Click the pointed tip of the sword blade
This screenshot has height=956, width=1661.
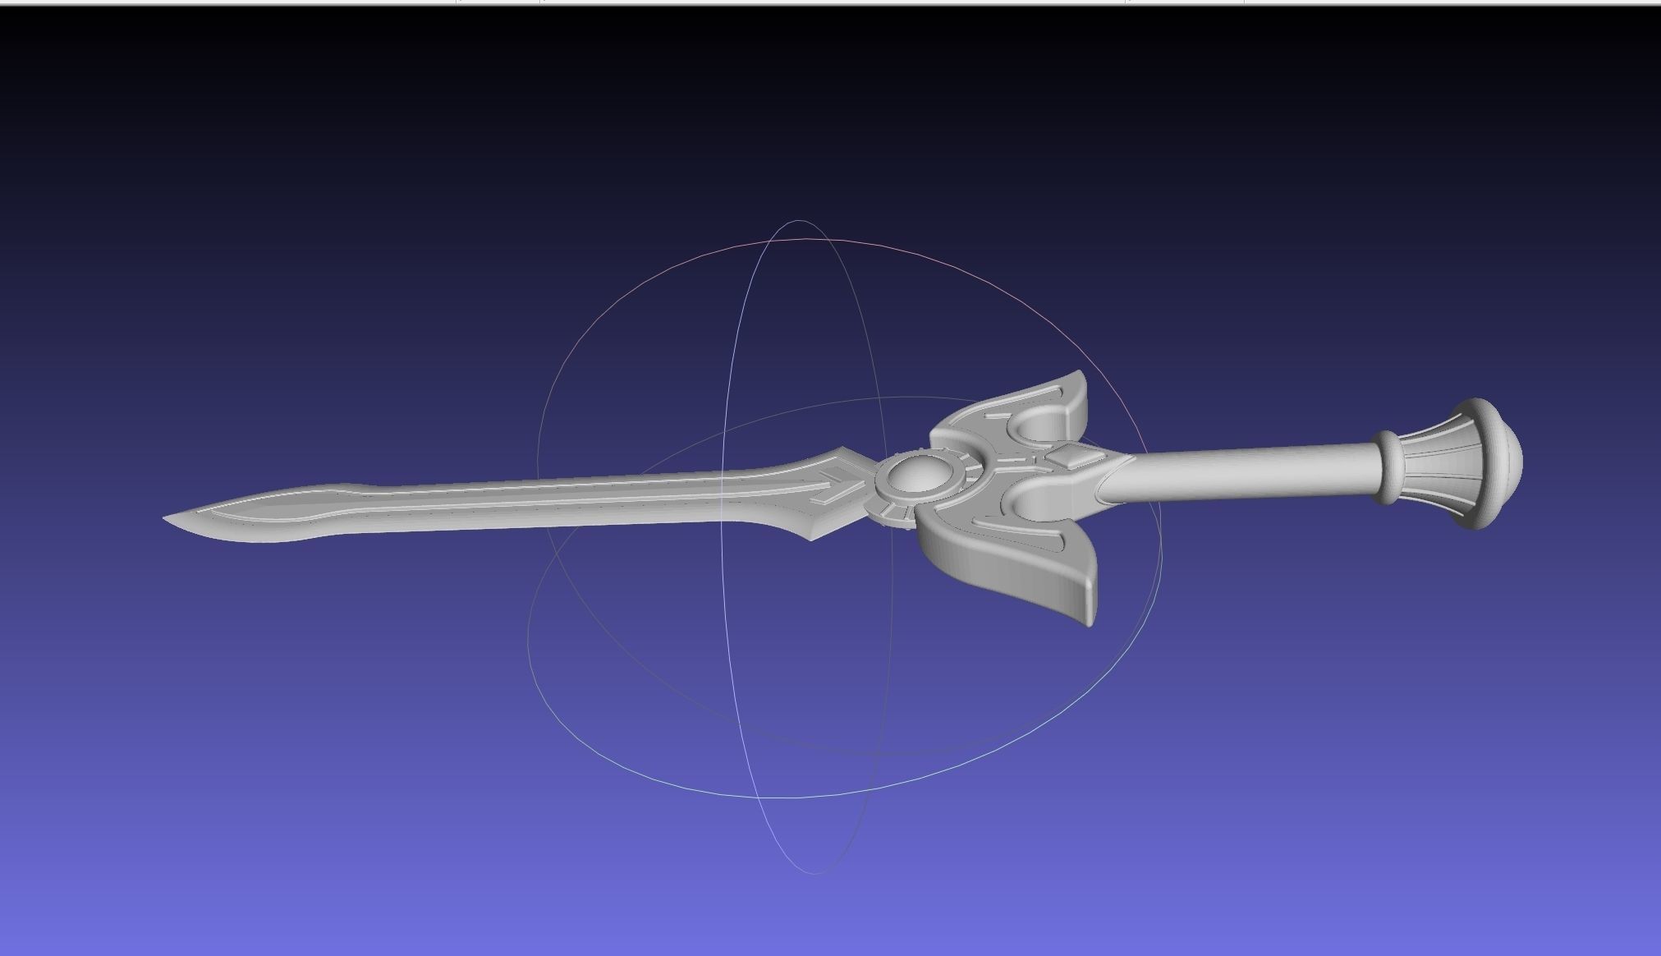tap(166, 518)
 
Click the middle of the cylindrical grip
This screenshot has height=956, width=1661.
tap(1248, 473)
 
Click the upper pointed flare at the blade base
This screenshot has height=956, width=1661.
tap(843, 451)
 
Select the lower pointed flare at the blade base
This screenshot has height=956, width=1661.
tap(814, 538)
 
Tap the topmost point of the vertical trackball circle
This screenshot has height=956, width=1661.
tap(798, 220)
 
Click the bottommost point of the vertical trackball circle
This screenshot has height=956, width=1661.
tap(813, 873)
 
